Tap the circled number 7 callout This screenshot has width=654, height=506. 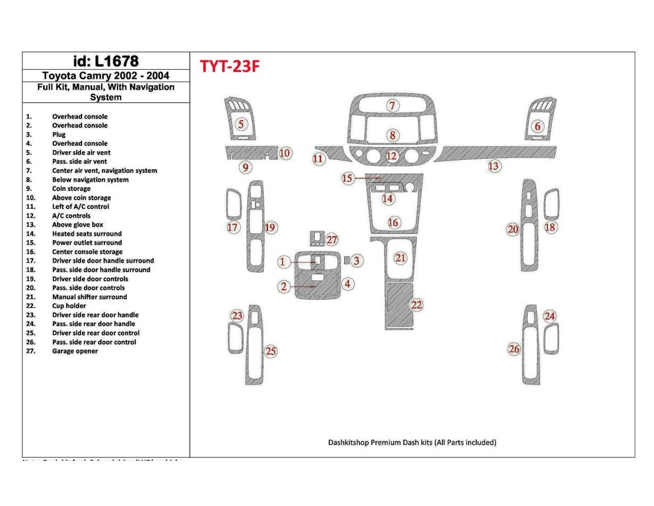[393, 105]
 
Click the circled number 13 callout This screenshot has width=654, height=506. [494, 166]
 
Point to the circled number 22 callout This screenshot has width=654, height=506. [416, 305]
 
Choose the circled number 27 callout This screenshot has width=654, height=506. [332, 240]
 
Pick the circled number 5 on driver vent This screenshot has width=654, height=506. [241, 125]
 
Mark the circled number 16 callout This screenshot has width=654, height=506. [394, 223]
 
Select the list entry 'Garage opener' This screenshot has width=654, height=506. [75, 351]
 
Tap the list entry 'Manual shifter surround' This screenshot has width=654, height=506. [89, 297]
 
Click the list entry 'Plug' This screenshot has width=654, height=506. [59, 135]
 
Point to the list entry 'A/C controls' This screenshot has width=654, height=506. [71, 216]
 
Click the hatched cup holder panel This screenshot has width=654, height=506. [399, 306]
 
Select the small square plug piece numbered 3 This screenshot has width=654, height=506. [347, 260]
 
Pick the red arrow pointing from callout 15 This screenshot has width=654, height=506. [367, 178]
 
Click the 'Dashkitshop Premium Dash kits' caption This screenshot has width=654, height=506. [412, 442]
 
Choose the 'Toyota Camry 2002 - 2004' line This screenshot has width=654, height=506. [105, 76]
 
